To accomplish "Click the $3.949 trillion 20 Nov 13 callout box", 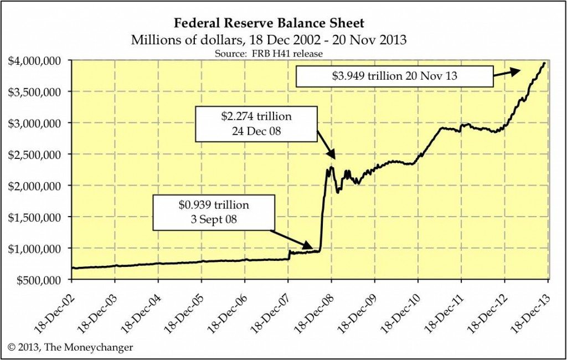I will pos(394,76).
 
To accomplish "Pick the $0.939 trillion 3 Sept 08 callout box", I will pos(214,212).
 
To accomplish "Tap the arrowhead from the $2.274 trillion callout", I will pos(332,157).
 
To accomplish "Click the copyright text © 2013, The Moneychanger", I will pos(71,347).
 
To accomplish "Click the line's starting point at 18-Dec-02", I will pos(72,268).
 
